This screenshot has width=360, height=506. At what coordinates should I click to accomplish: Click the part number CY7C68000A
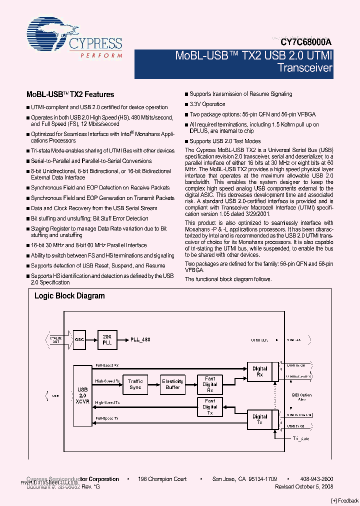coord(303,43)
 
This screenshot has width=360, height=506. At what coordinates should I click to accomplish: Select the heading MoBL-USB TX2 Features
coord(70,94)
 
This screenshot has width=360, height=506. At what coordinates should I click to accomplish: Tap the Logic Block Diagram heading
coord(69,295)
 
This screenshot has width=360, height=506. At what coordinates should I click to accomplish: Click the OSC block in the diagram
coord(80,339)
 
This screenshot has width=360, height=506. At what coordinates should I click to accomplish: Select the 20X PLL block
coord(107,339)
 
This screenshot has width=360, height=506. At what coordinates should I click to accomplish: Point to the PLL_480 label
coord(140,339)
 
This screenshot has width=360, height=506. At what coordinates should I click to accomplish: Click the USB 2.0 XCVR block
coord(82,395)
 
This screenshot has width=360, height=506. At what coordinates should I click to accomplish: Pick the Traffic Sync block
coord(135,384)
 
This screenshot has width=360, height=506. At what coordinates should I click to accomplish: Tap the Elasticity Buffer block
coord(172,384)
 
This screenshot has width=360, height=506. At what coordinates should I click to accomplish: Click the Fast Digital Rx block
coord(210,384)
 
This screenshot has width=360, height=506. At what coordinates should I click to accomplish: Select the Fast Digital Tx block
coord(210,406)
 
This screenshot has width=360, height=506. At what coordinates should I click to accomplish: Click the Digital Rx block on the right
coord(260,371)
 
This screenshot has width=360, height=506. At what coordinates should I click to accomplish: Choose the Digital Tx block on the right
coord(260,419)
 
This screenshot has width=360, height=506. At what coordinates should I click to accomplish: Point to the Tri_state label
coord(301,438)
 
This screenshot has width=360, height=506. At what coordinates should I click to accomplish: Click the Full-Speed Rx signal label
coord(106,365)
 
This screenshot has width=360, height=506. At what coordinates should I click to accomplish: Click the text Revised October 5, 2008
coord(304,486)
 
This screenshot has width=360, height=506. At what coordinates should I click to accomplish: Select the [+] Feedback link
coord(345,501)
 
